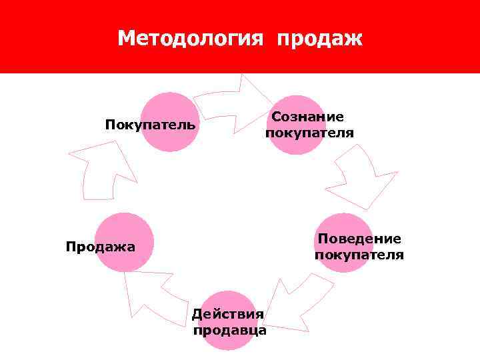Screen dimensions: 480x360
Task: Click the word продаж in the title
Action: coord(319,39)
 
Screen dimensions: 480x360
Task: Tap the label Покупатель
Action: coord(150,125)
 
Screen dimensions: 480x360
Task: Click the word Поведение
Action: coord(359,239)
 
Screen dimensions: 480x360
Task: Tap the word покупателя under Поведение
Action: coord(359,255)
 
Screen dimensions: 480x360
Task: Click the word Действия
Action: coord(228,314)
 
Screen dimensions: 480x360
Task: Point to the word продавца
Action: coord(229,329)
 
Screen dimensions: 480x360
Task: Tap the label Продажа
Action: coord(100,247)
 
